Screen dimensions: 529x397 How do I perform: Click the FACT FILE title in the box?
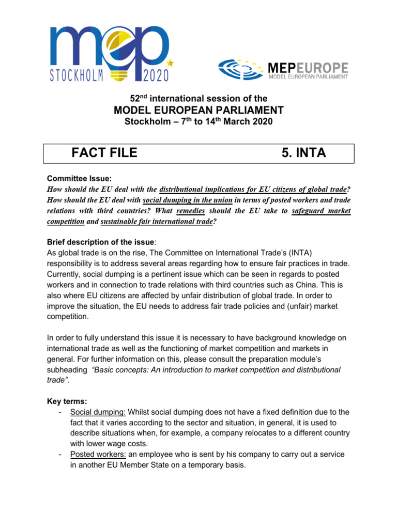[x=104, y=152]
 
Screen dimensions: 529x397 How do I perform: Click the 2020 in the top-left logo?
[x=152, y=75]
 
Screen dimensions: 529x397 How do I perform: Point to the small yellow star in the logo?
[x=171, y=63]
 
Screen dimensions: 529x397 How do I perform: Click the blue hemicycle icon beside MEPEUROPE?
[x=241, y=69]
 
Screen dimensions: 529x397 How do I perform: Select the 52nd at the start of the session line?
[x=136, y=98]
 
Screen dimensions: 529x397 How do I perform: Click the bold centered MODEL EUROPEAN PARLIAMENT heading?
[x=198, y=110]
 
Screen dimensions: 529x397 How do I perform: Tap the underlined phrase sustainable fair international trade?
[x=156, y=222]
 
